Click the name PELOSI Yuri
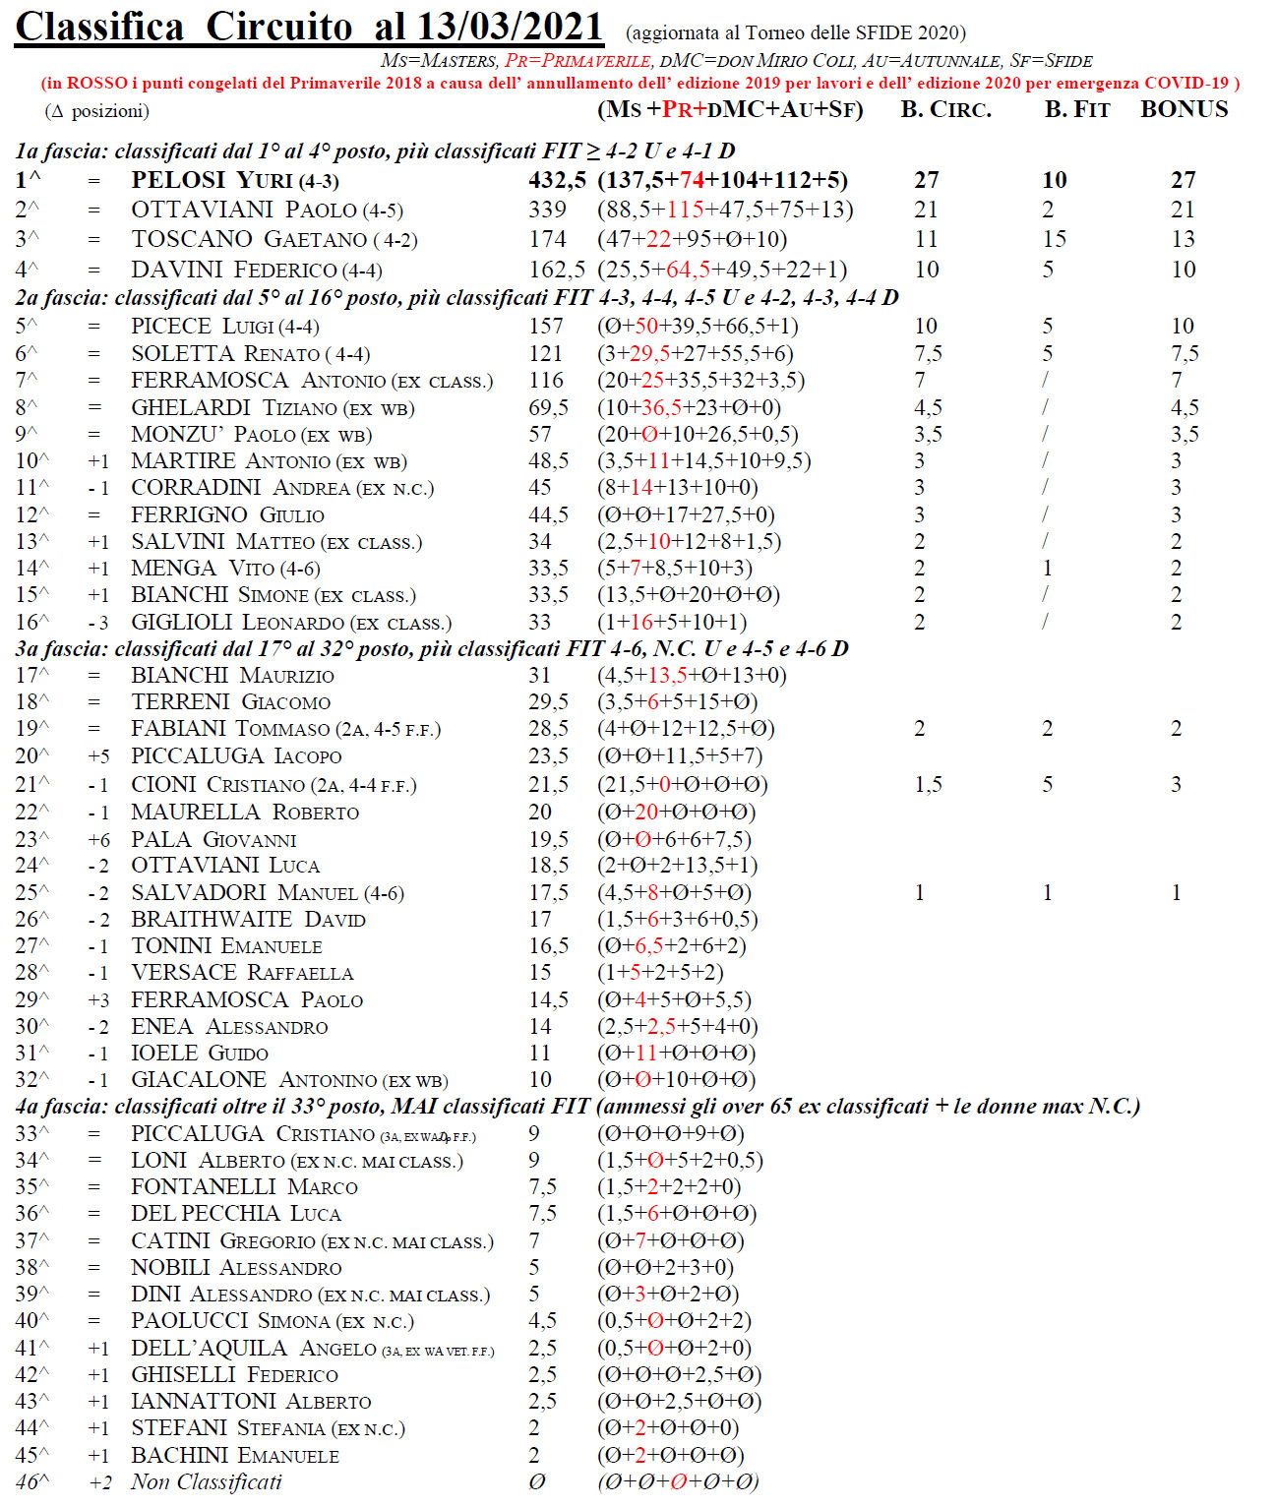[212, 180]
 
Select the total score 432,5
[557, 180]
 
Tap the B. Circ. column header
[945, 109]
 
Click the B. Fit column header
[1076, 109]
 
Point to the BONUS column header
[1184, 109]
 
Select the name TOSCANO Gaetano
[247, 239]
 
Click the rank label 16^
[32, 622]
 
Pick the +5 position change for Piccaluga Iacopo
[98, 755]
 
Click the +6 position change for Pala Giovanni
[98, 839]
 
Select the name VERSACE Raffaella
[242, 972]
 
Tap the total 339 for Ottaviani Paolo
[547, 210]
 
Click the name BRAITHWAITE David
[248, 919]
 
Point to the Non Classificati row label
[206, 1481]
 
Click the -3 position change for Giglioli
[97, 622]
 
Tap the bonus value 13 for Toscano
[1183, 239]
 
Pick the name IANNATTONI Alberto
[251, 1401]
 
